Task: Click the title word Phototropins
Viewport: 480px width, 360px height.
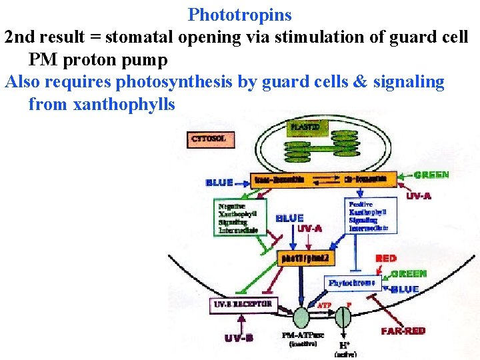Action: click(x=240, y=14)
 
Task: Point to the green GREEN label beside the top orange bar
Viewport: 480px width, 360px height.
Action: click(x=431, y=175)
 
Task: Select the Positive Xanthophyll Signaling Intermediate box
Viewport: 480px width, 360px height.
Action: click(x=372, y=215)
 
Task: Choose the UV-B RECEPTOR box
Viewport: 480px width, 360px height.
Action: click(x=242, y=304)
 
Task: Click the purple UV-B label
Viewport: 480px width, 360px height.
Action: click(x=239, y=338)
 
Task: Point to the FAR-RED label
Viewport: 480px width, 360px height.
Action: click(x=403, y=331)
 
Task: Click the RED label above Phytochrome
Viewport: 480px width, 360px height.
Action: click(x=385, y=258)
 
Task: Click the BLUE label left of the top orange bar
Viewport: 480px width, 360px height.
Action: click(x=219, y=182)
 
